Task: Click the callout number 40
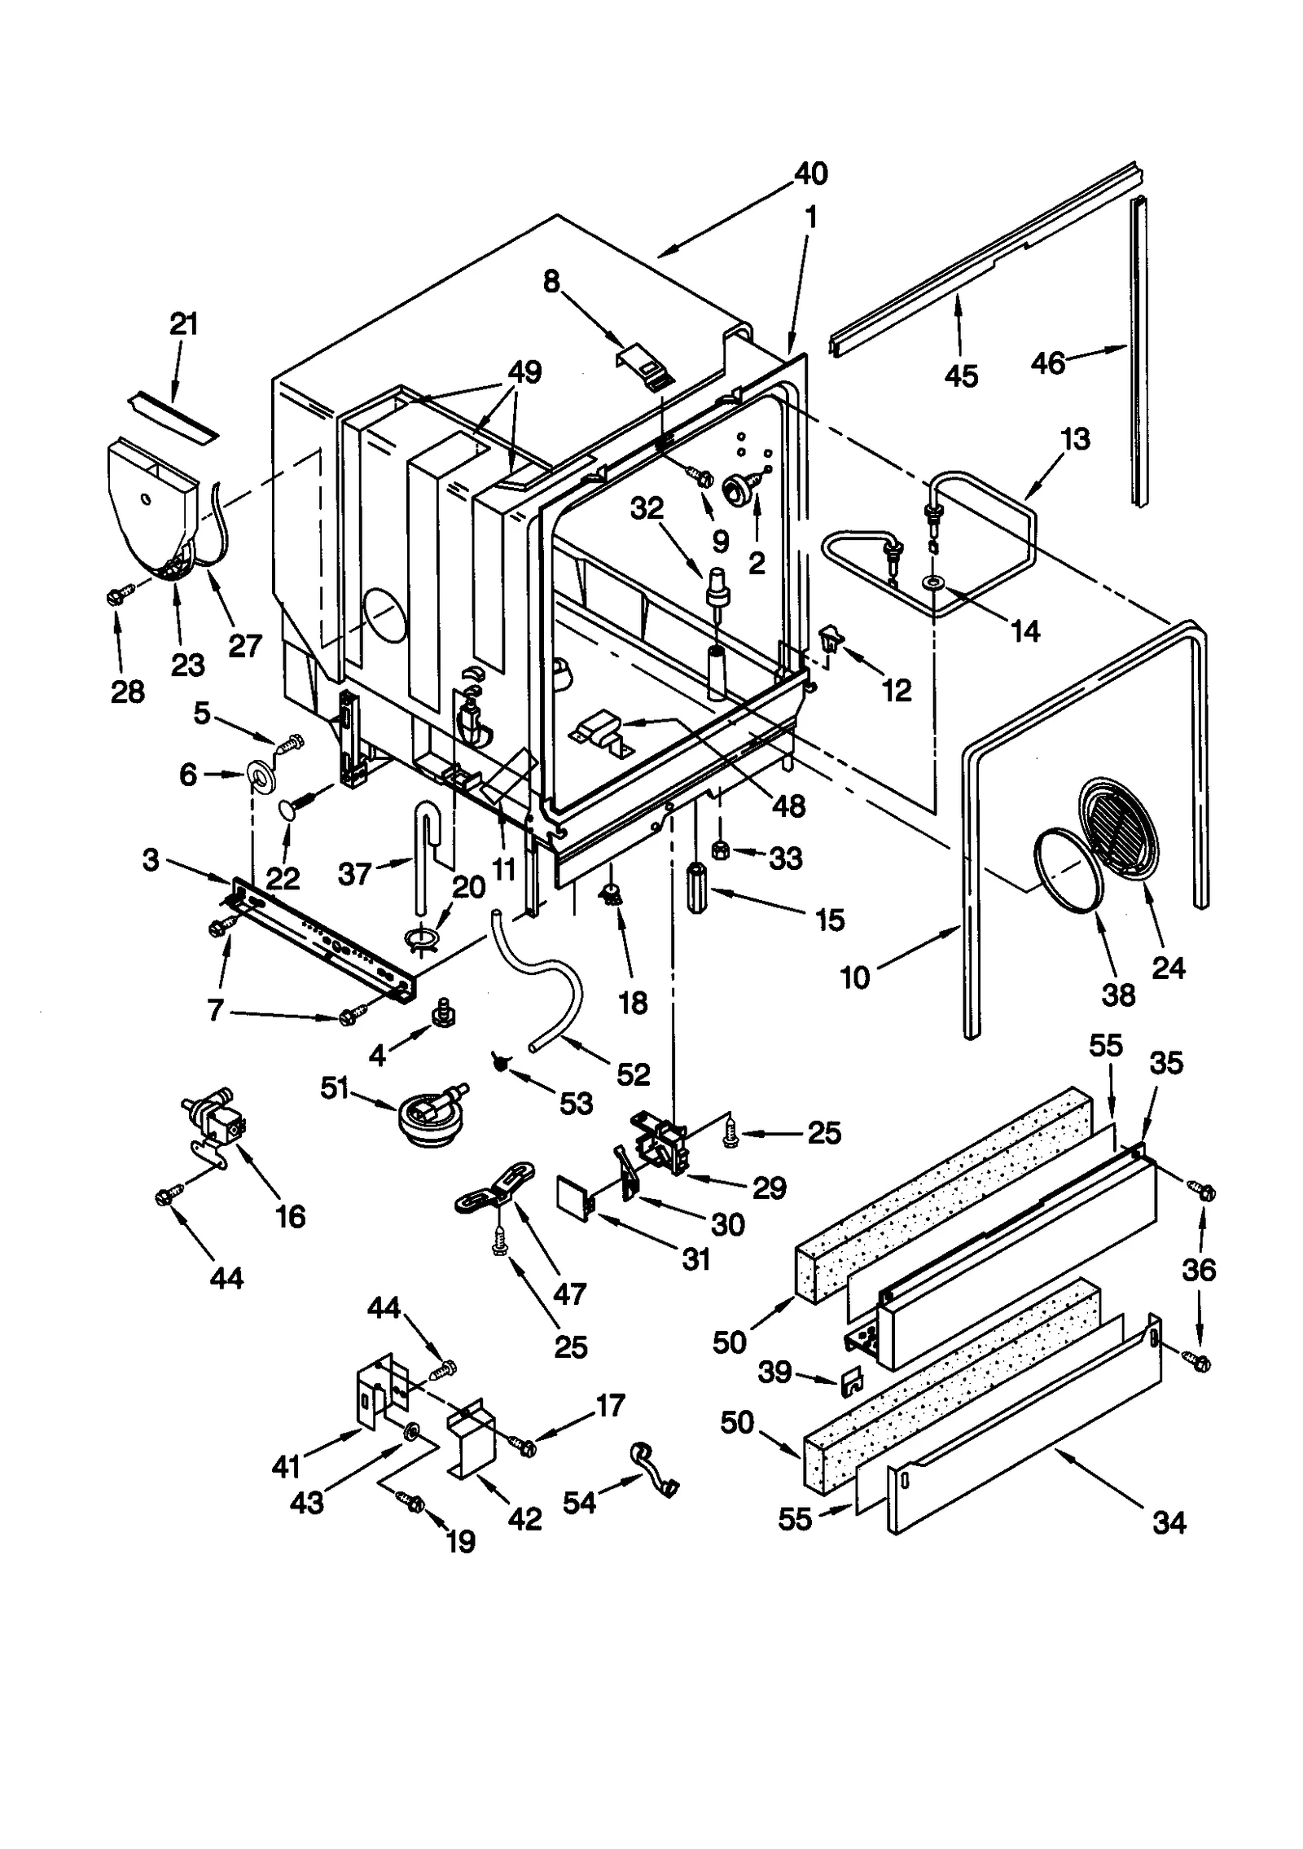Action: [810, 173]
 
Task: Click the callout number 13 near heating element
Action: [1075, 439]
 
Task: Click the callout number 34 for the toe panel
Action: [1169, 1522]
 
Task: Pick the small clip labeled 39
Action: [852, 1377]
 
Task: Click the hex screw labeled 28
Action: [114, 597]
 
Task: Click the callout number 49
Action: [524, 373]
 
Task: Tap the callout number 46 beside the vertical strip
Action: [1047, 362]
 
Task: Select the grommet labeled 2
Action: [739, 491]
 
